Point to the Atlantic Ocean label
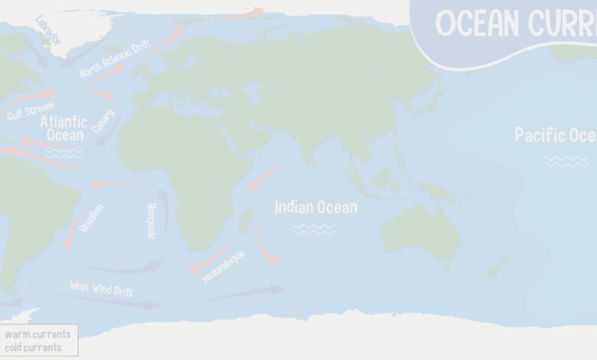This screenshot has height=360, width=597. click(x=64, y=128)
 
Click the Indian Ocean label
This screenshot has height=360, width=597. click(x=315, y=207)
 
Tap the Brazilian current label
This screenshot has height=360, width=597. click(x=91, y=218)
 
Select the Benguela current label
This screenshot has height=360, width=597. click(x=151, y=221)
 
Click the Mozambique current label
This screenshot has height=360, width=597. click(x=223, y=266)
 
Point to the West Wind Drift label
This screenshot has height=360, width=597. click(x=101, y=289)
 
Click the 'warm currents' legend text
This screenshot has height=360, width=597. click(x=38, y=334)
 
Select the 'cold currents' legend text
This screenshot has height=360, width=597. click(x=33, y=347)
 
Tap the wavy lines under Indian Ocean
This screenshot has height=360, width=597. click(x=314, y=228)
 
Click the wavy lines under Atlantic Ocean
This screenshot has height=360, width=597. click(x=64, y=153)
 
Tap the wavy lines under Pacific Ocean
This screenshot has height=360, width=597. click(x=567, y=161)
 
